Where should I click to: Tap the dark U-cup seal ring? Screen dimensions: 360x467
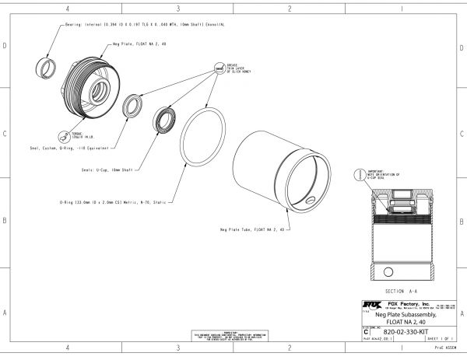(x=166, y=121)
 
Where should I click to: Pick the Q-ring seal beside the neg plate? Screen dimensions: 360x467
(x=136, y=103)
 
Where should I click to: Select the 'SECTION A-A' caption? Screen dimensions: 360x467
(x=399, y=288)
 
